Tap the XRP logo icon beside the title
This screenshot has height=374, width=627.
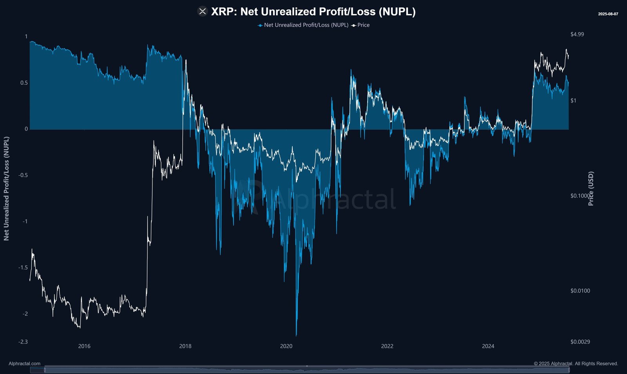(202, 12)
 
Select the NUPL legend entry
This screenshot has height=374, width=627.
(303, 25)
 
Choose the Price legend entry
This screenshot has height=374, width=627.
(361, 25)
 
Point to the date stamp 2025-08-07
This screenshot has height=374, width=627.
(608, 14)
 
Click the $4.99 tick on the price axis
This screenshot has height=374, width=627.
(577, 34)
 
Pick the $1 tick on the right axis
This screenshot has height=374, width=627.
(573, 101)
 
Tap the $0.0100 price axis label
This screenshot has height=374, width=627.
(580, 291)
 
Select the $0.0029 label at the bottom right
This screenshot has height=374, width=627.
(580, 342)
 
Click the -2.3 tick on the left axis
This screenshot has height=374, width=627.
(23, 342)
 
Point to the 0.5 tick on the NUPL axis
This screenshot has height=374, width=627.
(24, 83)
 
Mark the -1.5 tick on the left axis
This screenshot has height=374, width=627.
(23, 268)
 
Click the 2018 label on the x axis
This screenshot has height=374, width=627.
(185, 346)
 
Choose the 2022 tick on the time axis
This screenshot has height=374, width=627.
(387, 346)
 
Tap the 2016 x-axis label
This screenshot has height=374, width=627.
(84, 346)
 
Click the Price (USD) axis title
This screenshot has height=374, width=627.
(591, 189)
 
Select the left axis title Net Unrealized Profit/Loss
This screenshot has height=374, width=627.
(6, 189)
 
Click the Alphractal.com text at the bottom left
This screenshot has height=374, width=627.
(24, 363)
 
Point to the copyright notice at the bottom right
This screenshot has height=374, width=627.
(576, 363)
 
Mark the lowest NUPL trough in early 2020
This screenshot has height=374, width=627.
(296, 335)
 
